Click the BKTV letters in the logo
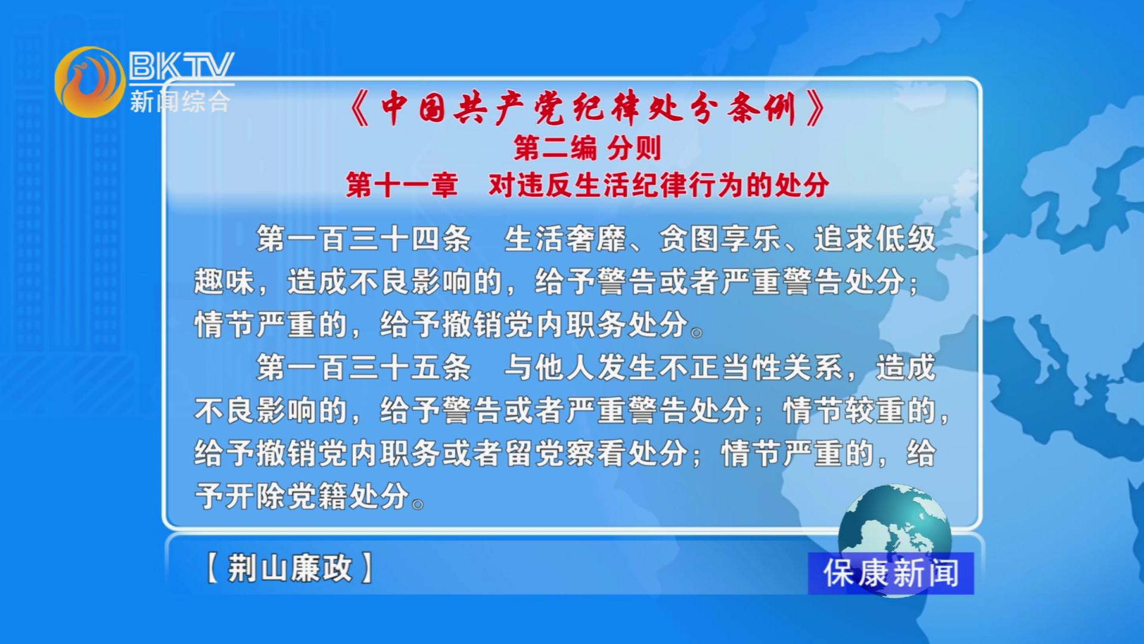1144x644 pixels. click(x=181, y=66)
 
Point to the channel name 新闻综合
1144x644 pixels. click(x=180, y=101)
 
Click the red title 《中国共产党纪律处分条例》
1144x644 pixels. click(x=587, y=109)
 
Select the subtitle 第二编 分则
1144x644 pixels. click(x=587, y=148)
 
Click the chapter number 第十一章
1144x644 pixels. click(x=402, y=185)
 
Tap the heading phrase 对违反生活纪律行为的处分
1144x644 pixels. click(x=658, y=185)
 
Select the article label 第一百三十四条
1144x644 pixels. click(x=363, y=239)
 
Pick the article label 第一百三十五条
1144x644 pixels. click(x=363, y=367)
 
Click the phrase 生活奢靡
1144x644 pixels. click(x=565, y=239)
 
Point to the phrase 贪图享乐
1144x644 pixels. click(x=720, y=239)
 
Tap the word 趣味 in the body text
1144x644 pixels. click(x=225, y=282)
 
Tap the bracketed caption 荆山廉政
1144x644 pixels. click(x=290, y=568)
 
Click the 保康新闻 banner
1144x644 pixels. click(x=891, y=573)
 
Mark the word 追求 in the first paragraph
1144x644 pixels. click(x=844, y=239)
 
